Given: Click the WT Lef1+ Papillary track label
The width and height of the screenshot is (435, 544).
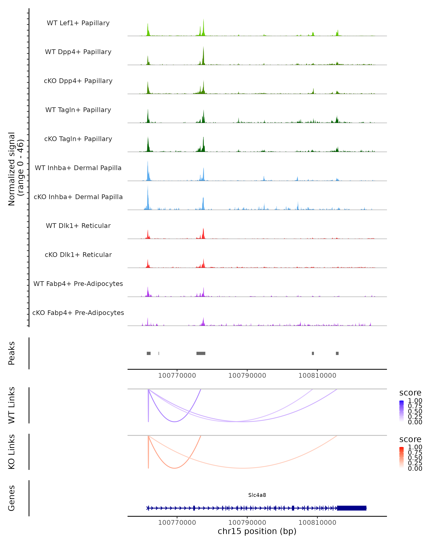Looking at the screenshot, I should tap(78, 23).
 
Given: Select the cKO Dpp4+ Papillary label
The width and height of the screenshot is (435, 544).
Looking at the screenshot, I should tap(78, 81).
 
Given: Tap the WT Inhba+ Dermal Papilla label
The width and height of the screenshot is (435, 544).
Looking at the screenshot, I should tap(78, 168).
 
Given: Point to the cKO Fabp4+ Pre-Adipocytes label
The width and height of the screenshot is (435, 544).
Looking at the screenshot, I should tap(78, 313).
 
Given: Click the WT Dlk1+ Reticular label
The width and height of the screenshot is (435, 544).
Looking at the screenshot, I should tap(78, 226).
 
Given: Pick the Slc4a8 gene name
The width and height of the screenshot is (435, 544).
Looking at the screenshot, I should tap(257, 495).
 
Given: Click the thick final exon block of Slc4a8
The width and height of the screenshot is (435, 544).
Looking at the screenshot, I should tap(351, 508).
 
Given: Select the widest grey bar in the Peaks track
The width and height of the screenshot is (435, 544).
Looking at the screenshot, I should tap(201, 353).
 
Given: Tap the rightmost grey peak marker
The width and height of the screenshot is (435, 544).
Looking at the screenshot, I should tap(337, 353).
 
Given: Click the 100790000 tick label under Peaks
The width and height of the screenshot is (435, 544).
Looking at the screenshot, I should tap(247, 376).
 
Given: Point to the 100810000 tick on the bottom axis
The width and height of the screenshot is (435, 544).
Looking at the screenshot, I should tap(317, 523).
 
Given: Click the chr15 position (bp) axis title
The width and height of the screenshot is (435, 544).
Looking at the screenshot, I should tap(257, 531).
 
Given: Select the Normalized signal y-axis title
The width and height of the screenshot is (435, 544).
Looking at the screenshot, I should tap(16, 169).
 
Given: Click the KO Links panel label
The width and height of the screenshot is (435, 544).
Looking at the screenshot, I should tap(12, 452).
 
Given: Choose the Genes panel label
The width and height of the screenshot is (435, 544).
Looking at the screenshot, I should tap(12, 498).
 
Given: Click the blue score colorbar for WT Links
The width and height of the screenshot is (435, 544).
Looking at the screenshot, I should tap(401, 411).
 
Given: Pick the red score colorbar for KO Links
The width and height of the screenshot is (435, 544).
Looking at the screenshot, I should tap(401, 457).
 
